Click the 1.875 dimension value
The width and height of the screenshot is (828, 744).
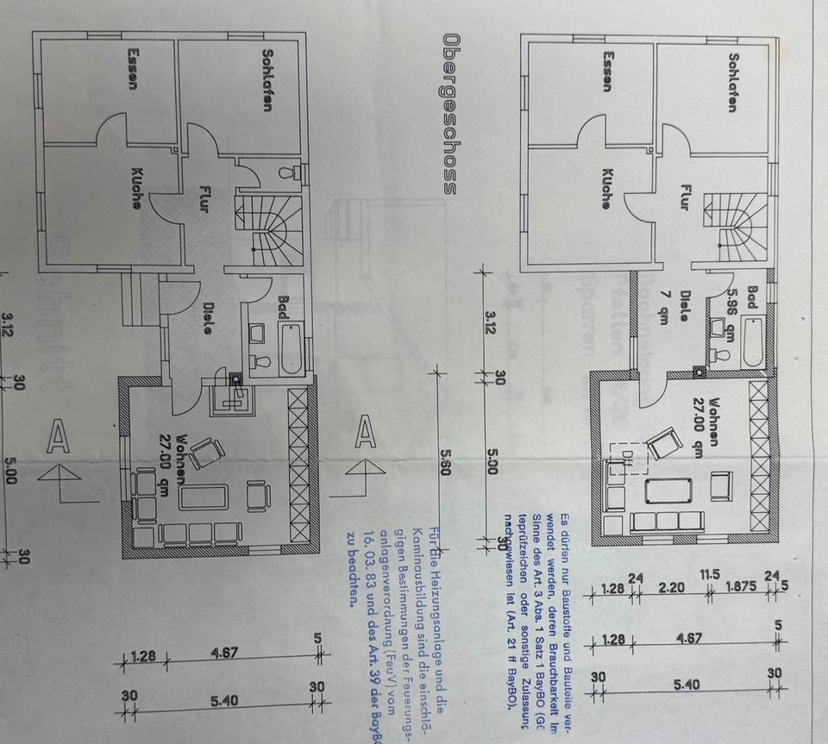(738, 589)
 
